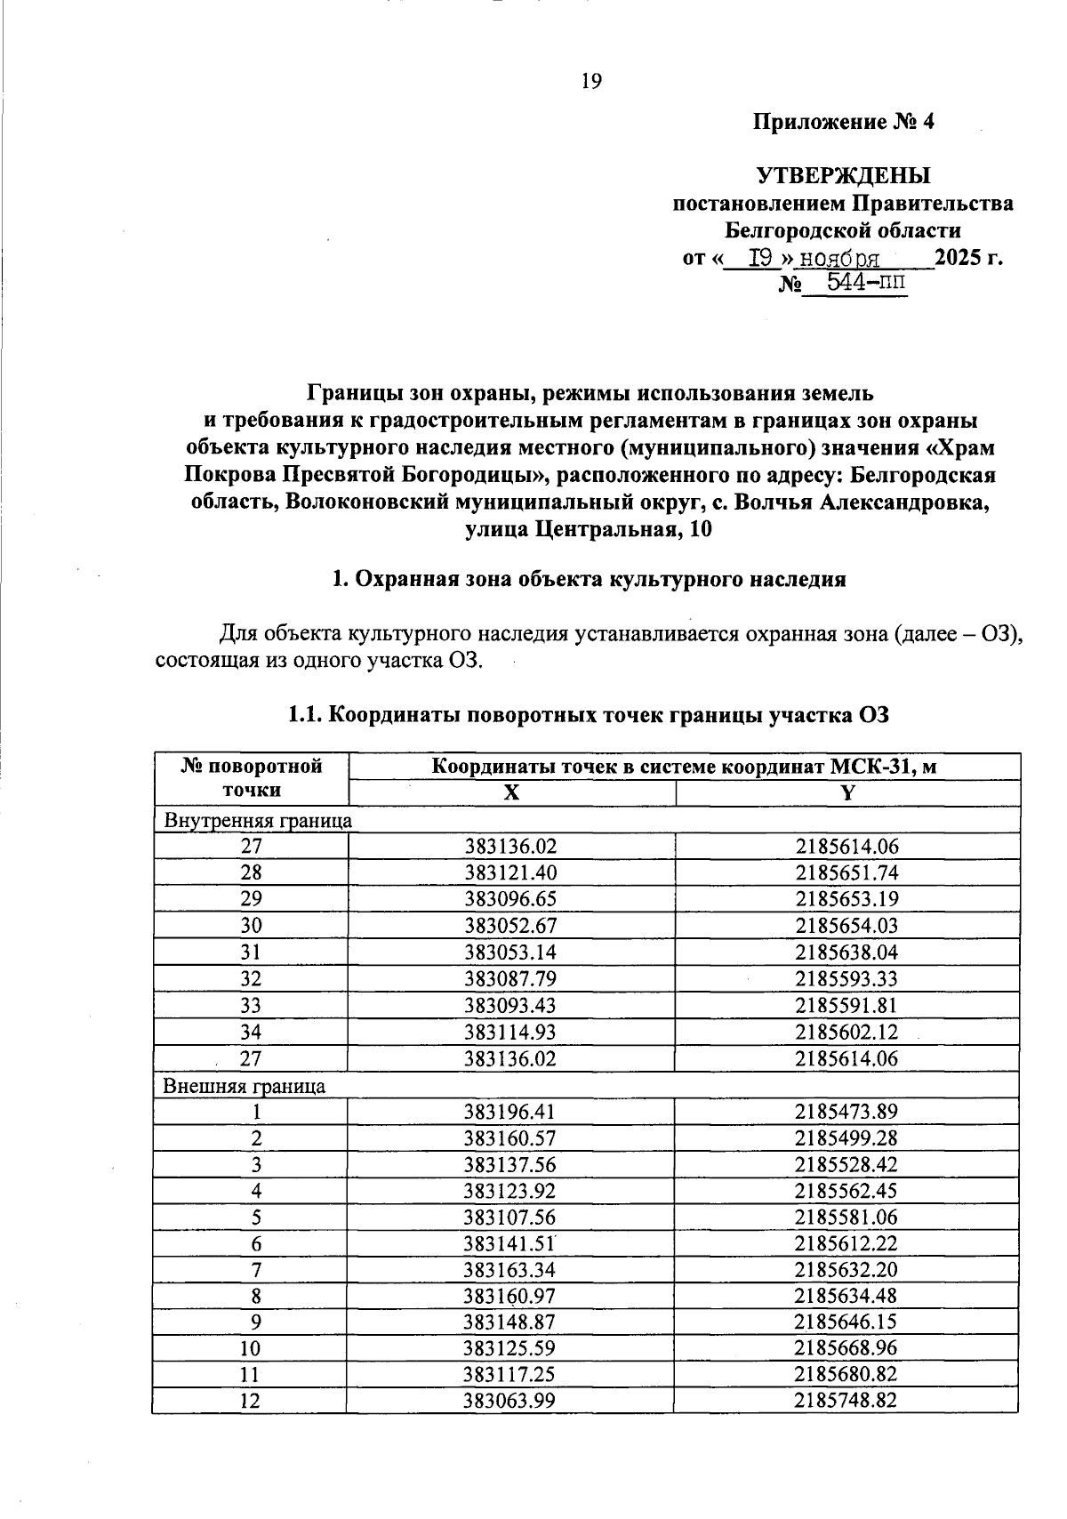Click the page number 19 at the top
pyautogui.click(x=590, y=82)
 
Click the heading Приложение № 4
pyautogui.click(x=844, y=122)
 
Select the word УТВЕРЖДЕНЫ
pyautogui.click(x=843, y=175)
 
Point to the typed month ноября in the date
pyautogui.click(x=839, y=259)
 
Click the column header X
pyautogui.click(x=510, y=793)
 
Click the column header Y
pyautogui.click(x=847, y=793)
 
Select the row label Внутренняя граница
pyautogui.click(x=258, y=820)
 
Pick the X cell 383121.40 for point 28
pyautogui.click(x=510, y=872)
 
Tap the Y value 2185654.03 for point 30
pyautogui.click(x=846, y=926)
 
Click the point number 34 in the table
pyautogui.click(x=251, y=1033)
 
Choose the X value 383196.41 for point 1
pyautogui.click(x=510, y=1112)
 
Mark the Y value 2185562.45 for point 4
pyautogui.click(x=846, y=1191)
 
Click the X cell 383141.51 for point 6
pyautogui.click(x=510, y=1243)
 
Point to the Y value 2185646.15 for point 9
pyautogui.click(x=846, y=1322)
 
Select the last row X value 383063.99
pyautogui.click(x=510, y=1402)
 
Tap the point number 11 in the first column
pyautogui.click(x=251, y=1375)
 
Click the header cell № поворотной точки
pyautogui.click(x=251, y=778)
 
